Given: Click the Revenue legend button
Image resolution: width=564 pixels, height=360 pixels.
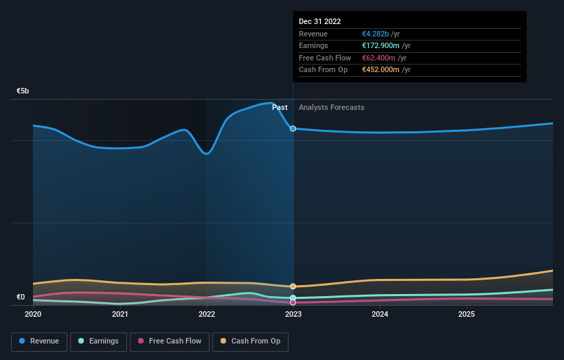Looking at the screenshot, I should (x=39, y=341).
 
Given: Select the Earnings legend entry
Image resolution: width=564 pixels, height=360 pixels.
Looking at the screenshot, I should (x=98, y=341).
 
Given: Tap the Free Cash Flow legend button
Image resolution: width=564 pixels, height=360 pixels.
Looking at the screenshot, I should (x=169, y=341).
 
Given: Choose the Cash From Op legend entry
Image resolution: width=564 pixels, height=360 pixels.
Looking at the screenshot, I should (x=250, y=341).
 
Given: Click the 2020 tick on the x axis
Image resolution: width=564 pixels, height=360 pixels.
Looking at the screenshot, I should (x=33, y=315).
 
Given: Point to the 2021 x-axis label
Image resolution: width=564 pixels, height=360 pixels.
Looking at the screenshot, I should (x=120, y=315).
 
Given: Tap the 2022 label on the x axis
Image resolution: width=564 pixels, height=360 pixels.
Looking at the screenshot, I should (x=207, y=315).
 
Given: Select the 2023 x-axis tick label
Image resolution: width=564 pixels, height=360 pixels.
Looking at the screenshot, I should (x=293, y=315).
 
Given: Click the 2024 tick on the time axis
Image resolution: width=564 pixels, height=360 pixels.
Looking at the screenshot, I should (x=380, y=315).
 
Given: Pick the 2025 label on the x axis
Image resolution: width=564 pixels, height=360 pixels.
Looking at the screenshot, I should (x=466, y=315).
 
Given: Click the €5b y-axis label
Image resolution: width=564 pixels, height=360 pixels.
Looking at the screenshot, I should (x=23, y=91).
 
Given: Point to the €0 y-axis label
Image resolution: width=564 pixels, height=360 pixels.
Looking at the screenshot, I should (x=21, y=297).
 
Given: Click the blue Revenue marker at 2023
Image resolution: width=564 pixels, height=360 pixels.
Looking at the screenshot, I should (x=293, y=128).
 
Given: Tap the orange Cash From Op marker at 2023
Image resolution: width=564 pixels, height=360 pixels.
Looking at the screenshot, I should (x=293, y=286).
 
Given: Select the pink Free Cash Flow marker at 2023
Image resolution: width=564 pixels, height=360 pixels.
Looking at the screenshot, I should (x=293, y=302).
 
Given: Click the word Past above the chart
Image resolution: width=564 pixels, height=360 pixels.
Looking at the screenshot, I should (x=280, y=108).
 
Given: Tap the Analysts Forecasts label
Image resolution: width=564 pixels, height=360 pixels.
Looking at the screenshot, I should (x=332, y=108).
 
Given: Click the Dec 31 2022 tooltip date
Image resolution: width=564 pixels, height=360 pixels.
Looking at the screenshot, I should (x=319, y=22).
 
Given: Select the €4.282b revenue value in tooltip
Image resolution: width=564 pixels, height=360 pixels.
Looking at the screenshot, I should (x=376, y=34).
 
